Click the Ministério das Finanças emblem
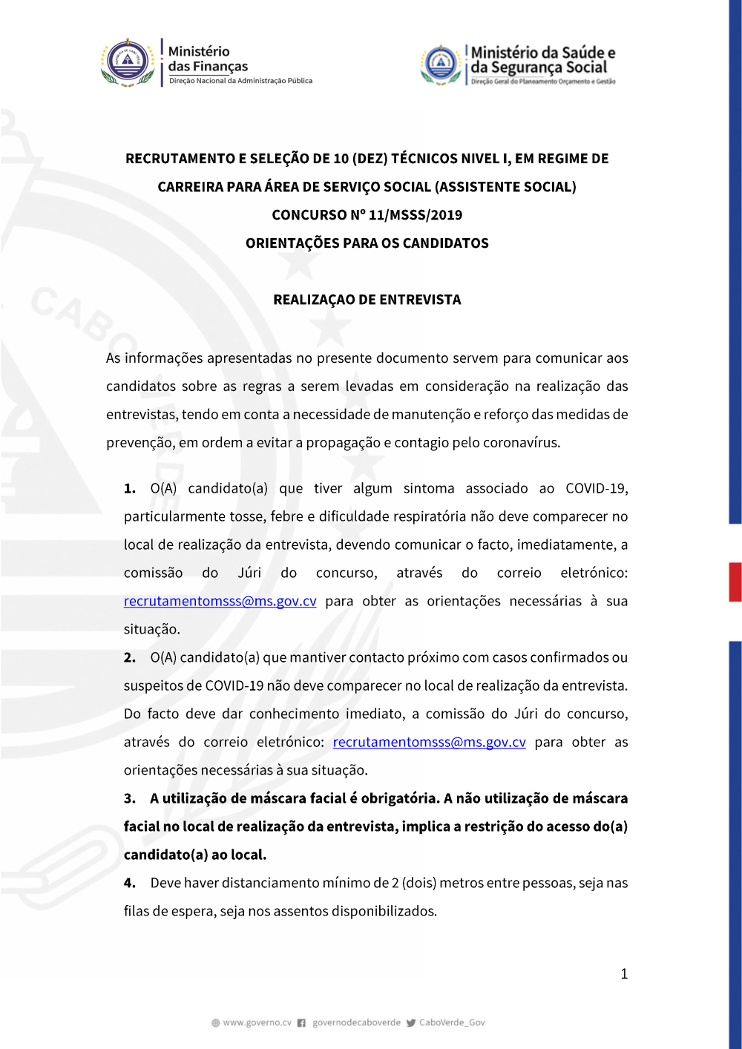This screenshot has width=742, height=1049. click(x=128, y=62)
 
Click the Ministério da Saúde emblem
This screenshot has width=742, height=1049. click(x=441, y=64)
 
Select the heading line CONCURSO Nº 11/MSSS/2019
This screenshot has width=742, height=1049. click(x=367, y=215)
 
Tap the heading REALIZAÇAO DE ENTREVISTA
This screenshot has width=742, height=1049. click(x=367, y=300)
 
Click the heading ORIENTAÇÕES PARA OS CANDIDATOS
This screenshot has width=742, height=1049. click(x=367, y=243)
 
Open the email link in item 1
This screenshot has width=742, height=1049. click(x=220, y=601)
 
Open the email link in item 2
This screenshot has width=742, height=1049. click(x=429, y=742)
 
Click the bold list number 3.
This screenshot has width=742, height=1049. click(x=129, y=798)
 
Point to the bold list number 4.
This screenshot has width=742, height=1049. click(x=129, y=883)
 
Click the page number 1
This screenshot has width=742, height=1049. click(x=624, y=974)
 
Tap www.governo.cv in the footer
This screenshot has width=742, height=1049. click(x=257, y=1022)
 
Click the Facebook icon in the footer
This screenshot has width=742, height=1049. click(x=301, y=1023)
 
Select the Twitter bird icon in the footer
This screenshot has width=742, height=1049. click(x=410, y=1023)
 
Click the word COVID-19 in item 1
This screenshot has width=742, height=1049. click(x=596, y=488)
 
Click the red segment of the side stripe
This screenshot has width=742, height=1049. click(x=735, y=582)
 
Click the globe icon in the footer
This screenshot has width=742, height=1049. click(x=216, y=1023)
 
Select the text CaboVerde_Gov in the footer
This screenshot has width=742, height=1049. click(x=452, y=1022)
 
